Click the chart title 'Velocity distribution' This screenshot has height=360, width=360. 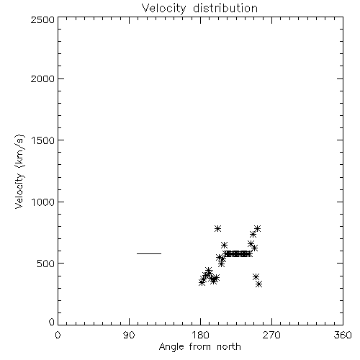click(199, 8)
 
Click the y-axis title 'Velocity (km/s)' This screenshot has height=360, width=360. click(19, 171)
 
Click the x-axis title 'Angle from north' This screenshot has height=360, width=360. click(199, 347)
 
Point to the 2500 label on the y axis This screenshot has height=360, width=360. click(42, 19)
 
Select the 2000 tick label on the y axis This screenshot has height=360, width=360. click(42, 78)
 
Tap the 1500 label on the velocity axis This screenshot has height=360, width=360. click(43, 140)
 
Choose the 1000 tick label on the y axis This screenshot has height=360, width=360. click(43, 202)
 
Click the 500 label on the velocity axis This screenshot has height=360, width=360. click(46, 264)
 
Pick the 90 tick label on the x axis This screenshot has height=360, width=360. click(129, 335)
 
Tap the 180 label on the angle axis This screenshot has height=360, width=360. click(200, 335)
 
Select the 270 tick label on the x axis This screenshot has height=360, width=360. click(271, 335)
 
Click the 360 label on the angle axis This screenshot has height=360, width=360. click(343, 335)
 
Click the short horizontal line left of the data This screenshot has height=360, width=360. click(149, 253)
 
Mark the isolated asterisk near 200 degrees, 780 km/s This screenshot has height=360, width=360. click(217, 228)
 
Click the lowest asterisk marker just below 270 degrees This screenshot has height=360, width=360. click(258, 284)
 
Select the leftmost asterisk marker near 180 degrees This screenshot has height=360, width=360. click(202, 282)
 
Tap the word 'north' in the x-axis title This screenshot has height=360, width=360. click(229, 347)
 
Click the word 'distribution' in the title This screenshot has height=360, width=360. click(225, 8)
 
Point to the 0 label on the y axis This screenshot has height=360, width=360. click(52, 322)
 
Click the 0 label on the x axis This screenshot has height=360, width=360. click(58, 335)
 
